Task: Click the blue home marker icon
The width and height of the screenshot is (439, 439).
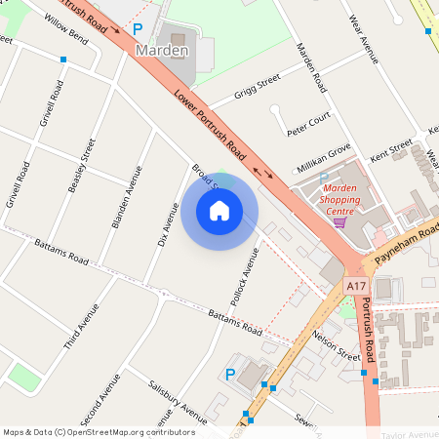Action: pyautogui.click(x=219, y=210)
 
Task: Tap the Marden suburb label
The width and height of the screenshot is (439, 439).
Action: pyautogui.click(x=162, y=51)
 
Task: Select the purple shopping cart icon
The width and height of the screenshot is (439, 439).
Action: pyautogui.click(x=339, y=222)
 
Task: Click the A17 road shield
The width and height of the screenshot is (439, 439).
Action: pyautogui.click(x=356, y=286)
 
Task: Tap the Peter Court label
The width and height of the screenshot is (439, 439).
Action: pyautogui.click(x=308, y=123)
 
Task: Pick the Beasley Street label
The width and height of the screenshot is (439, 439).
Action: pyautogui.click(x=82, y=166)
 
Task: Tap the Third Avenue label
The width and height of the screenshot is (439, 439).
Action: pyautogui.click(x=82, y=327)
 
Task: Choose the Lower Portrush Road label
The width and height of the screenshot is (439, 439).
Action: pyautogui.click(x=210, y=125)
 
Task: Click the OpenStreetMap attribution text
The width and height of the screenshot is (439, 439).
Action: pyautogui.click(x=99, y=432)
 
